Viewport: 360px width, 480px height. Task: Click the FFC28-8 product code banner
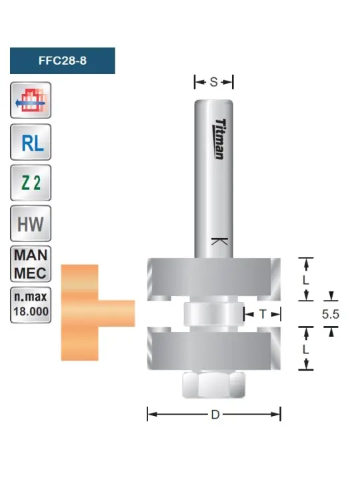pyautogui.click(x=63, y=61)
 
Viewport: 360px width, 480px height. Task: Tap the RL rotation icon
pyautogui.click(x=31, y=142)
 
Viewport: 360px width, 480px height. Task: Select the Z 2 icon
pyautogui.click(x=31, y=183)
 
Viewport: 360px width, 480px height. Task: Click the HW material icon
pyautogui.click(x=31, y=223)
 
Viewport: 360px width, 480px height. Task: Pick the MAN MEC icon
pyautogui.click(x=31, y=264)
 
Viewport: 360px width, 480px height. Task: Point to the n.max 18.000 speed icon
pyautogui.click(x=31, y=305)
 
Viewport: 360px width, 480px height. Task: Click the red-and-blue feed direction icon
pyautogui.click(x=31, y=100)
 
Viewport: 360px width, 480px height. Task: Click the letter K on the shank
pyautogui.click(x=219, y=241)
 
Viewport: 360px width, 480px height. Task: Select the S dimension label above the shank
pyautogui.click(x=214, y=82)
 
